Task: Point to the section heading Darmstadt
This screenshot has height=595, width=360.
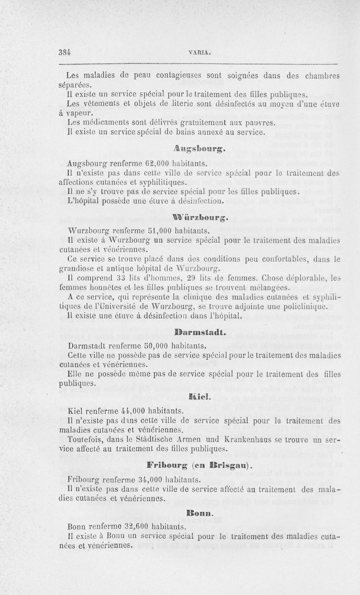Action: tap(200, 334)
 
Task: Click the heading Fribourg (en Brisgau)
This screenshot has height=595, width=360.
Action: tap(200, 464)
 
